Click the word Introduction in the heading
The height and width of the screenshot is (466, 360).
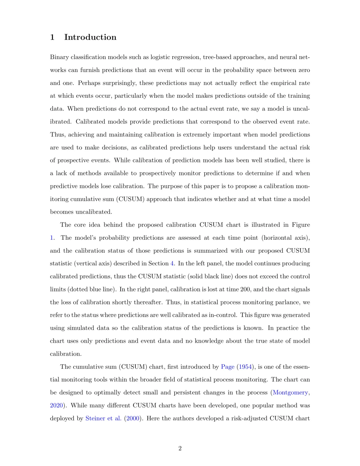pos(90,37)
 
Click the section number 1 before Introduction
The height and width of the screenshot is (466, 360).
pos(52,37)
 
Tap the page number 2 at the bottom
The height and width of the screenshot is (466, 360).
pos(180,448)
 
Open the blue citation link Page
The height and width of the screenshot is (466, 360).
pos(228,367)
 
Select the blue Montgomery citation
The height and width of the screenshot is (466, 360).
pos(290,392)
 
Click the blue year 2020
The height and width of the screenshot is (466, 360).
pos(56,405)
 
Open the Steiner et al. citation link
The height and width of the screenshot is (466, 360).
pos(103,418)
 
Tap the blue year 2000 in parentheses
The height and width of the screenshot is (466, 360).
pos(133,418)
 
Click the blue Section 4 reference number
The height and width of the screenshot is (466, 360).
pos(172,263)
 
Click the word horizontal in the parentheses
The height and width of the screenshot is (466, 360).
pos(277,238)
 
